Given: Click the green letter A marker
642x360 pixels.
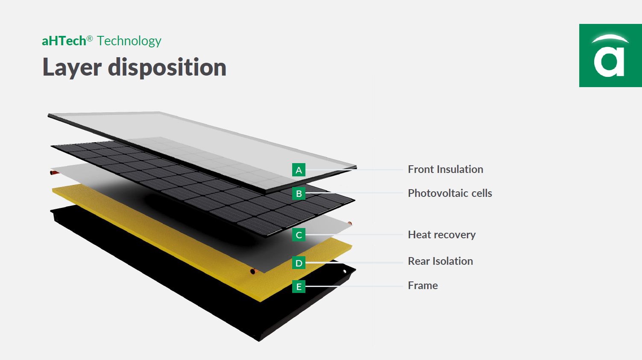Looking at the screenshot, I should pos(299,170).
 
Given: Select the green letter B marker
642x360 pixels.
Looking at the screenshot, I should pos(299,193).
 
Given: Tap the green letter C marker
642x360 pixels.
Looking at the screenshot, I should pos(299,235).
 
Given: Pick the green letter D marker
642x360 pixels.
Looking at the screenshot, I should pos(299,263).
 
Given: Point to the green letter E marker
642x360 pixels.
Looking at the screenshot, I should pos(299,287).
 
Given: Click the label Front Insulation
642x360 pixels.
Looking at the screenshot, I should pos(445,170).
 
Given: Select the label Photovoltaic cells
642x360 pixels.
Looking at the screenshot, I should pos(450,193).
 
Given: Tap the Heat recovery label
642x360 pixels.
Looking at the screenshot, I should pos(442,235).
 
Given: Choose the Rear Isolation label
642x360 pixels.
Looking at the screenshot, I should pos(440,261).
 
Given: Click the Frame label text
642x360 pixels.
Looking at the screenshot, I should pos(422,286).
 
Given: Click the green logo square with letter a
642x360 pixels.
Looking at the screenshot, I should pos(610,56).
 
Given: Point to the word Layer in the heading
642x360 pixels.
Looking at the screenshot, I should pos(72,68).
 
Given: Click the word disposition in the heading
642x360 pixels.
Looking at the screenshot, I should pos(167,67).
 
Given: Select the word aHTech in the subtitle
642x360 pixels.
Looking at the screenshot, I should pos(64,41).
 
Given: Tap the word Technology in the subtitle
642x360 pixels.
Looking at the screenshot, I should pos(129,41).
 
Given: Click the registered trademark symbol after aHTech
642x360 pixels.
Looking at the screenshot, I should pos(90,38).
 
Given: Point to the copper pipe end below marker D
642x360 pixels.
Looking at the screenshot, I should pos(253,271).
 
